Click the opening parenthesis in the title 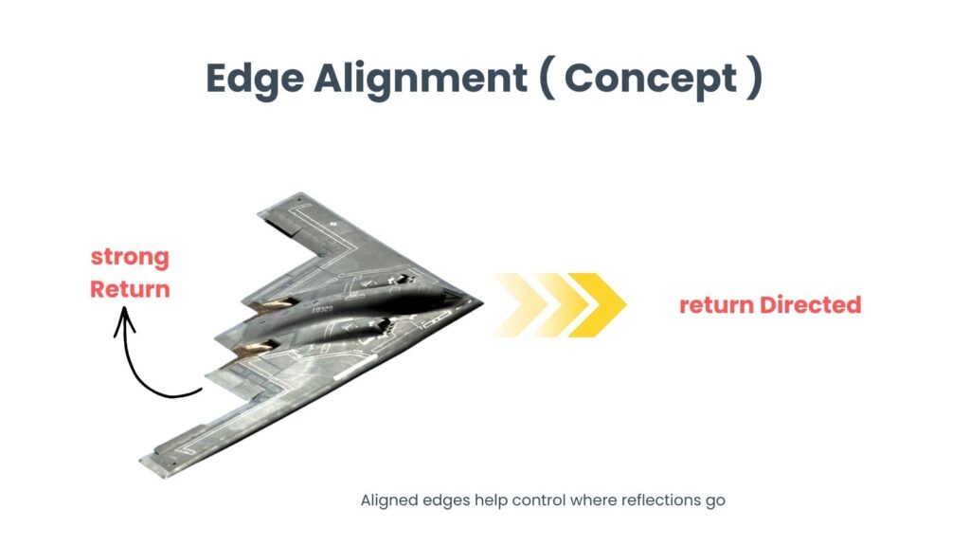coord(547,79)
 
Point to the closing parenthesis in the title coord(754,79)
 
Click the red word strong coord(130,257)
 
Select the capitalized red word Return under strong coord(130,288)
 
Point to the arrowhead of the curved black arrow coord(124,321)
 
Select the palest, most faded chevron coord(512,304)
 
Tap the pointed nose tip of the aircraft coord(480,302)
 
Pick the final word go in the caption coord(715,501)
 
